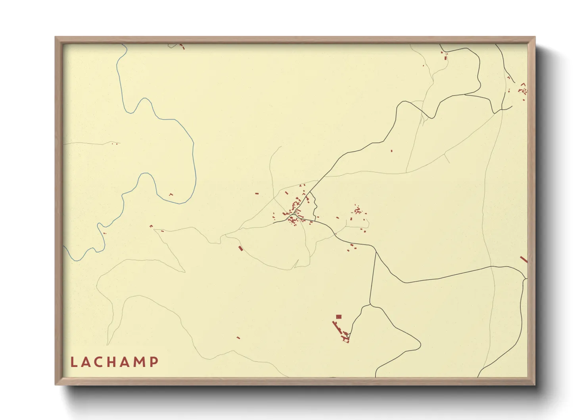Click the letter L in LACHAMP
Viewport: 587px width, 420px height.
73,362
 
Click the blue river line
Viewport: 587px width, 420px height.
194,159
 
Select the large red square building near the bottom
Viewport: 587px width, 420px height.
339,317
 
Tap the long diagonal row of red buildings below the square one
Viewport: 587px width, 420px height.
338,328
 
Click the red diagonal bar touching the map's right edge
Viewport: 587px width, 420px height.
524,259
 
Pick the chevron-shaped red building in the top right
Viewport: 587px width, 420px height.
523,84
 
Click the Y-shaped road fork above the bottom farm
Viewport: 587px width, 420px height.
370,305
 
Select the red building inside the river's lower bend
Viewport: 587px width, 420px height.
171,195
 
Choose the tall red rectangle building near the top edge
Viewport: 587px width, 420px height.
445,58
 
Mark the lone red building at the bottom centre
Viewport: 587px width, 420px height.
238,338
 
